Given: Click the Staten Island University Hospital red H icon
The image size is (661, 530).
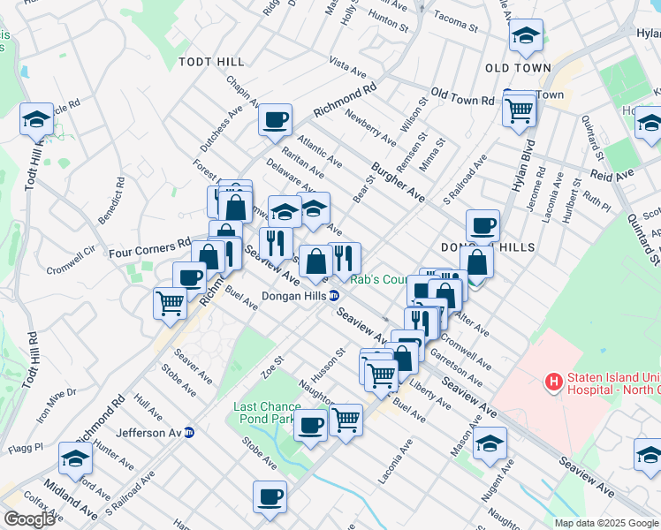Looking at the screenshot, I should (x=554, y=382).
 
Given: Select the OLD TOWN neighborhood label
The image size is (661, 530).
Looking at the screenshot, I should (x=518, y=68).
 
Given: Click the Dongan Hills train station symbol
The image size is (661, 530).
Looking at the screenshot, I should (x=336, y=296).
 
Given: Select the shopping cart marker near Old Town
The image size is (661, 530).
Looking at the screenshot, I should (x=519, y=110).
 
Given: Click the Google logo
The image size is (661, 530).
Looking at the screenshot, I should (x=30, y=519).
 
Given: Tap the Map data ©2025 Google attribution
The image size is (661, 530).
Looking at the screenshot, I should (x=607, y=523).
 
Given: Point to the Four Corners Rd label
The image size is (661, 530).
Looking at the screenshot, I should (x=150, y=247).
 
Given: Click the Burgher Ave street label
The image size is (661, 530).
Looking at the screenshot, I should (x=399, y=180).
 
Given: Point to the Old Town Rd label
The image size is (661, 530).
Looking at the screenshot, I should (x=461, y=97).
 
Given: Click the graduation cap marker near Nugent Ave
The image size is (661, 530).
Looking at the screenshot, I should (x=489, y=443).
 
